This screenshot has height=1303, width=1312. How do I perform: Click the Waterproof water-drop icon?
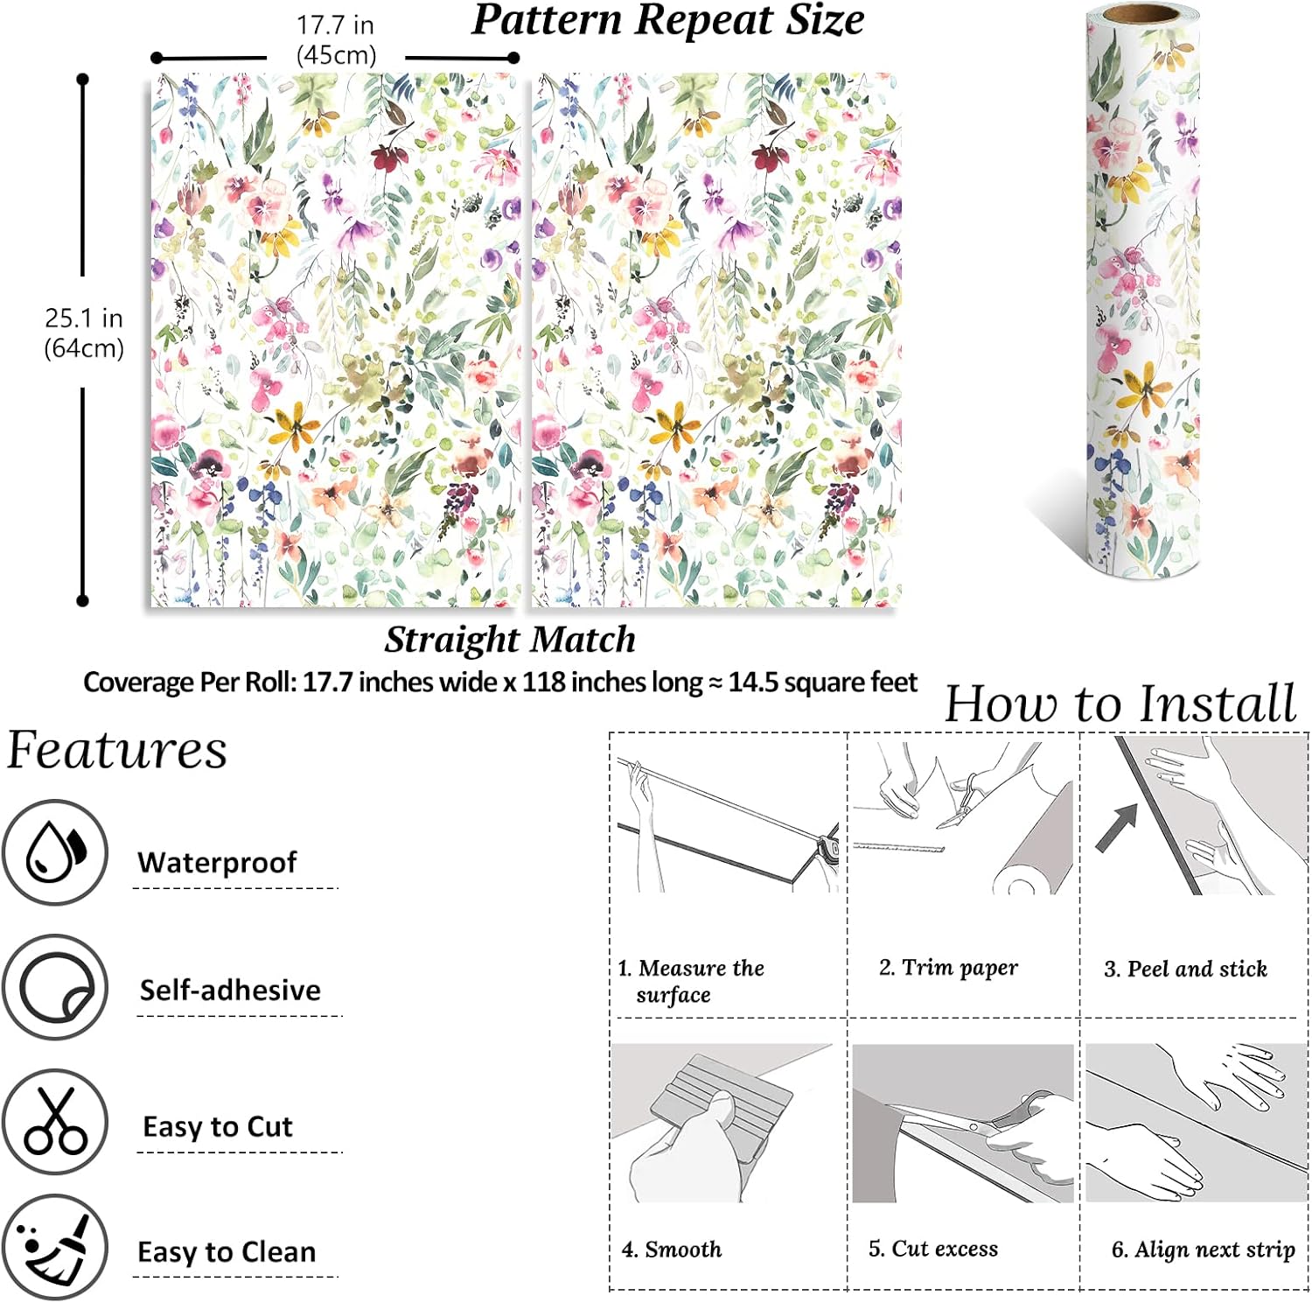tap(55, 851)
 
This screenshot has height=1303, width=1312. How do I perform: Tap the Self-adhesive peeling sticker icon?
tap(55, 987)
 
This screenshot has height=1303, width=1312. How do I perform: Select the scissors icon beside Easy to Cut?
tap(55, 1122)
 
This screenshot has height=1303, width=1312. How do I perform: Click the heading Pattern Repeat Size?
tap(668, 20)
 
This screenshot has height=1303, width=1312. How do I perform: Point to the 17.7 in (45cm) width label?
tap(336, 40)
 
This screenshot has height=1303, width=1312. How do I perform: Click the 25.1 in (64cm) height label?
tap(84, 333)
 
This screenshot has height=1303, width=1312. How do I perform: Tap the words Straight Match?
tap(510, 640)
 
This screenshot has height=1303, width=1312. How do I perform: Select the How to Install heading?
tap(1120, 704)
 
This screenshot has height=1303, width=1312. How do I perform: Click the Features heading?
tap(117, 750)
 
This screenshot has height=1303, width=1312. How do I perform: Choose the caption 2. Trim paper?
tap(948, 967)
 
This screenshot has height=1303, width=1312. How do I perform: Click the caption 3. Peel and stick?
tap(1185, 969)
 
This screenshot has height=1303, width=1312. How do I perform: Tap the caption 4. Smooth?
tap(672, 1249)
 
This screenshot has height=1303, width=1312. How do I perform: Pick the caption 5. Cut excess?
tap(932, 1249)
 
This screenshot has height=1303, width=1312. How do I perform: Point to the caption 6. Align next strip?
tap(1203, 1250)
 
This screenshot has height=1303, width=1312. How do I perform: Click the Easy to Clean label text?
tap(227, 1252)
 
